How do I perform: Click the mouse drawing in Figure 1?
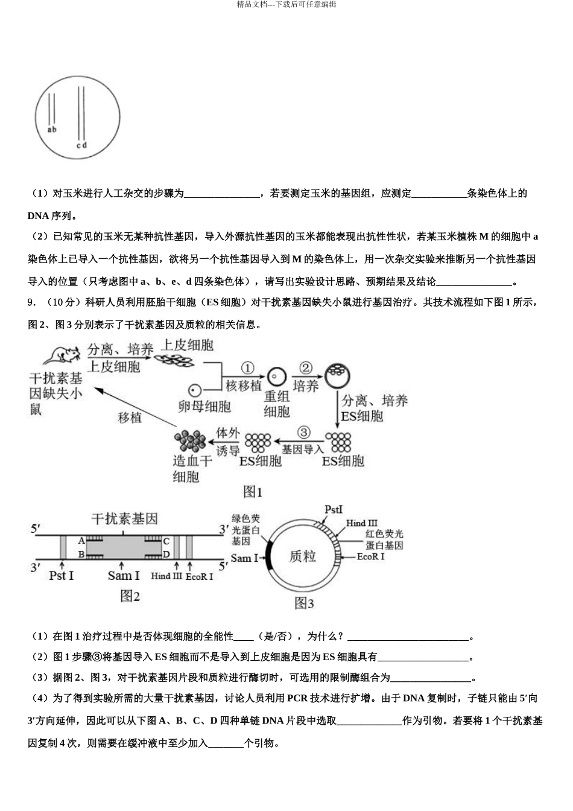pos(60,355)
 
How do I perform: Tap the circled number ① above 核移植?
pos(248,368)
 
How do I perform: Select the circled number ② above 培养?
pos(306,368)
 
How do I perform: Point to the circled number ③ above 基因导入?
pos(303,433)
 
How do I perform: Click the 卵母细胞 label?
pos(204,406)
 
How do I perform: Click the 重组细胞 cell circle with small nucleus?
pos(276,377)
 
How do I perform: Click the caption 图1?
pos(253,492)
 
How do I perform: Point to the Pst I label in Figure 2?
pos(61,576)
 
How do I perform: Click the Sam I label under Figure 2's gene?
pos(124,576)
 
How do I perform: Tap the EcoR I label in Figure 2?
pos(199,577)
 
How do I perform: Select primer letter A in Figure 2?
pos(82,541)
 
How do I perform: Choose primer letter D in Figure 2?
pos(167,555)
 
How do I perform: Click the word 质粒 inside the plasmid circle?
pos(303,556)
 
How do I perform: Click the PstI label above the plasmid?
pos(334,509)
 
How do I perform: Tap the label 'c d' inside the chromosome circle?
pos(82,145)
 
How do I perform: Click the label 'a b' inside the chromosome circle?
pos(52,129)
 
